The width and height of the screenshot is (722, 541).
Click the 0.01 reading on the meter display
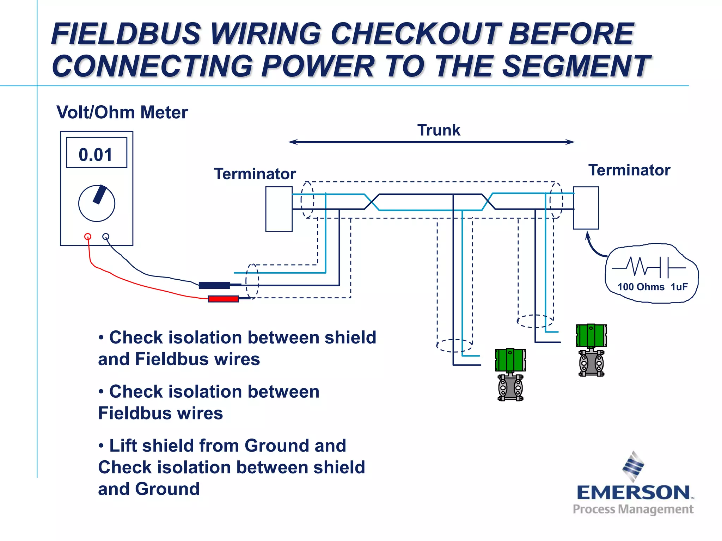point(96,155)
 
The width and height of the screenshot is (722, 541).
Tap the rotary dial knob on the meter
point(97,203)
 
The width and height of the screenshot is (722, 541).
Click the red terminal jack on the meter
point(88,236)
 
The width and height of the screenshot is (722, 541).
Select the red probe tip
point(223,299)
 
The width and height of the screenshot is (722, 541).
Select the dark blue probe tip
point(214,285)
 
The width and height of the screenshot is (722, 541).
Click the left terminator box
point(279,209)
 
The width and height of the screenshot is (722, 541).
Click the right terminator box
point(586,208)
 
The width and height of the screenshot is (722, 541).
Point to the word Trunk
point(439,130)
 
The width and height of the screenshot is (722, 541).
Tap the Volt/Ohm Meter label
point(122,112)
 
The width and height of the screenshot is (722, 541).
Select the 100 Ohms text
point(641,287)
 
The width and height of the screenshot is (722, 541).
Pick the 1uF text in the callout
point(679,287)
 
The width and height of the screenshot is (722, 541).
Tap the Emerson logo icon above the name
point(633,466)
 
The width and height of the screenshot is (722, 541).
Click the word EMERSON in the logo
point(633,492)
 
